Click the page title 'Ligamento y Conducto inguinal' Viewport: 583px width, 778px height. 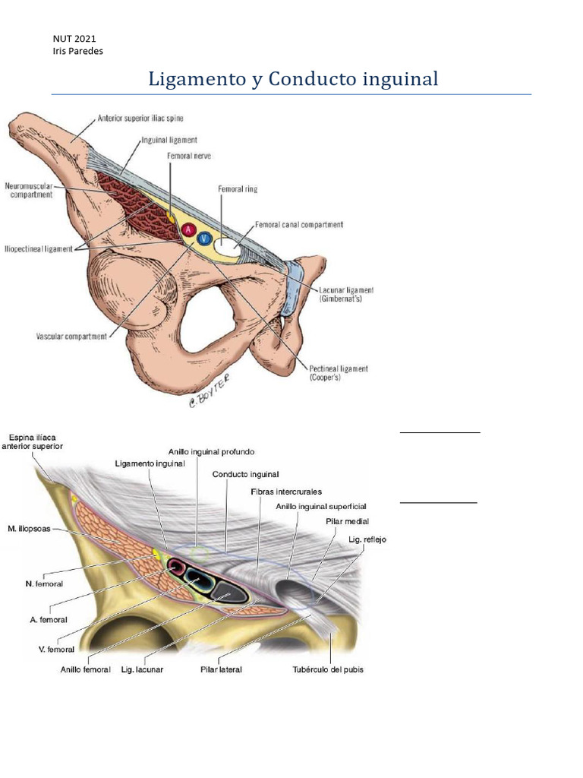point(293,78)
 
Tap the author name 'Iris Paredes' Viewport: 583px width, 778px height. point(78,51)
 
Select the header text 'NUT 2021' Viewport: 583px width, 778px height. point(74,38)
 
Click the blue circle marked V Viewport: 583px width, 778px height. point(204,239)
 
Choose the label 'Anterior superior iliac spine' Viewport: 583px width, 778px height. point(140,119)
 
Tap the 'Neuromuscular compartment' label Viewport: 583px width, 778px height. point(30,190)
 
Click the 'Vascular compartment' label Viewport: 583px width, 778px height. point(71,337)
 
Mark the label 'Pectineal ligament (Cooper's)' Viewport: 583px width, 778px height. point(339,373)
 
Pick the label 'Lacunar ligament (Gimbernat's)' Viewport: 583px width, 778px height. point(346,295)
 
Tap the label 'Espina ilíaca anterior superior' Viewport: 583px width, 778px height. point(33,442)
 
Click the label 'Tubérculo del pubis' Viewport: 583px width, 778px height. point(328,670)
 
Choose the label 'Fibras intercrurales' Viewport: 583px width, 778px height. point(286,492)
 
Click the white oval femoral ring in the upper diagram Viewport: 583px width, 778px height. point(227,245)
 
